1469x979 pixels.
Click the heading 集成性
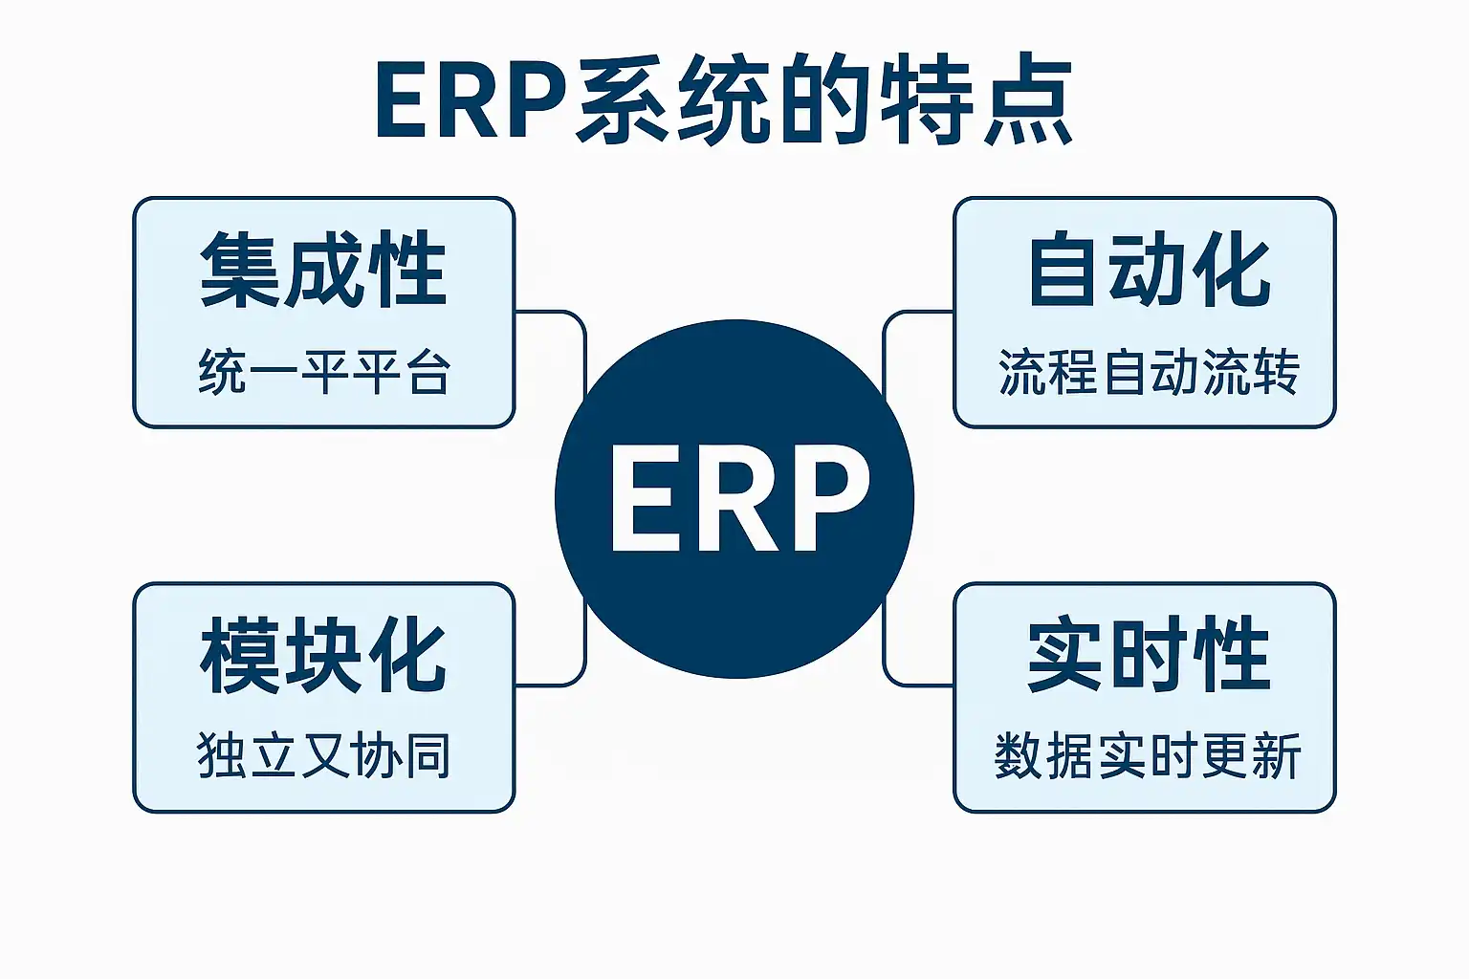pyautogui.click(x=323, y=270)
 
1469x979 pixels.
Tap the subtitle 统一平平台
pyautogui.click(x=324, y=372)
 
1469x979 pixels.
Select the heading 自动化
pyautogui.click(x=1149, y=270)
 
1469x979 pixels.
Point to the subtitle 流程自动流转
pyautogui.click(x=1149, y=372)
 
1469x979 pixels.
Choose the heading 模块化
pyautogui.click(x=323, y=656)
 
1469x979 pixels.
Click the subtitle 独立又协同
pyautogui.click(x=324, y=755)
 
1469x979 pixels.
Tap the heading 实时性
pyautogui.click(x=1149, y=656)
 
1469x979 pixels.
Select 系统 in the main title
pyautogui.click(x=674, y=101)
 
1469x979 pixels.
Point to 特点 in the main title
pyautogui.click(x=976, y=101)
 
